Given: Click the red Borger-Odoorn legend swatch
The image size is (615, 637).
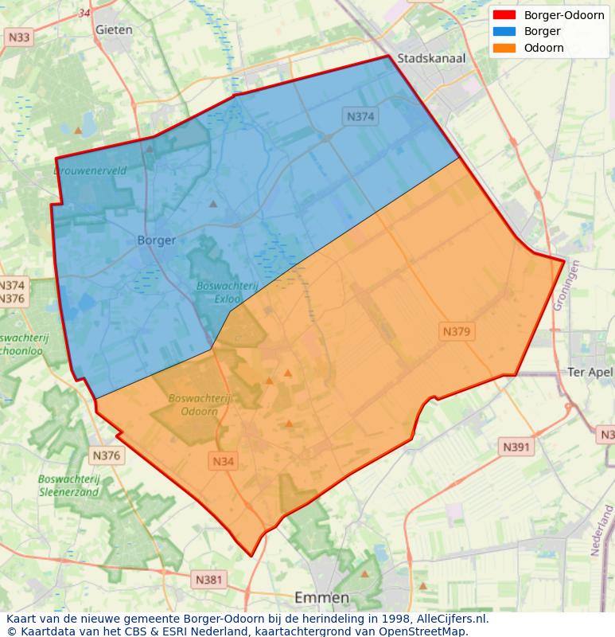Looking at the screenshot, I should [x=504, y=15].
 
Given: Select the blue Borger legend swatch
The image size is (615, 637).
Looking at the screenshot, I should [x=504, y=32].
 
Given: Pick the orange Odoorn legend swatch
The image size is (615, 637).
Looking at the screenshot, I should [x=504, y=48].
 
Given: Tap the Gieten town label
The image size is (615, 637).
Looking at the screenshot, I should [x=113, y=29].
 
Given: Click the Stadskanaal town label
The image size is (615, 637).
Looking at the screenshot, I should [x=430, y=58].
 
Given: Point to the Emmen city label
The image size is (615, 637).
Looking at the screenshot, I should [x=321, y=597].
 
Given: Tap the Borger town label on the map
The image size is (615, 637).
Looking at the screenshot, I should [x=156, y=239].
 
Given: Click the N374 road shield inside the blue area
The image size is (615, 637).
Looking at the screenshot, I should [x=360, y=116].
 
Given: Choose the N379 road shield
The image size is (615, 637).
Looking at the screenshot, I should [x=457, y=330].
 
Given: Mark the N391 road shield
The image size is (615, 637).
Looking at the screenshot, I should [x=516, y=447].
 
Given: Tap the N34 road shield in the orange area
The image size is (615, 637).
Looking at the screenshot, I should [x=224, y=461].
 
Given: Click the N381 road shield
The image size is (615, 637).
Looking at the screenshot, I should [x=209, y=580].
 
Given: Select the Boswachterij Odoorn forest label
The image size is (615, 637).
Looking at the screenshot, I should [x=200, y=404].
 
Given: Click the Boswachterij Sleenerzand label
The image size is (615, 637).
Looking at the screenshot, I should [x=68, y=485].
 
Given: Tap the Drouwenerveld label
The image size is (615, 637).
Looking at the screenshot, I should [x=90, y=170].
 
